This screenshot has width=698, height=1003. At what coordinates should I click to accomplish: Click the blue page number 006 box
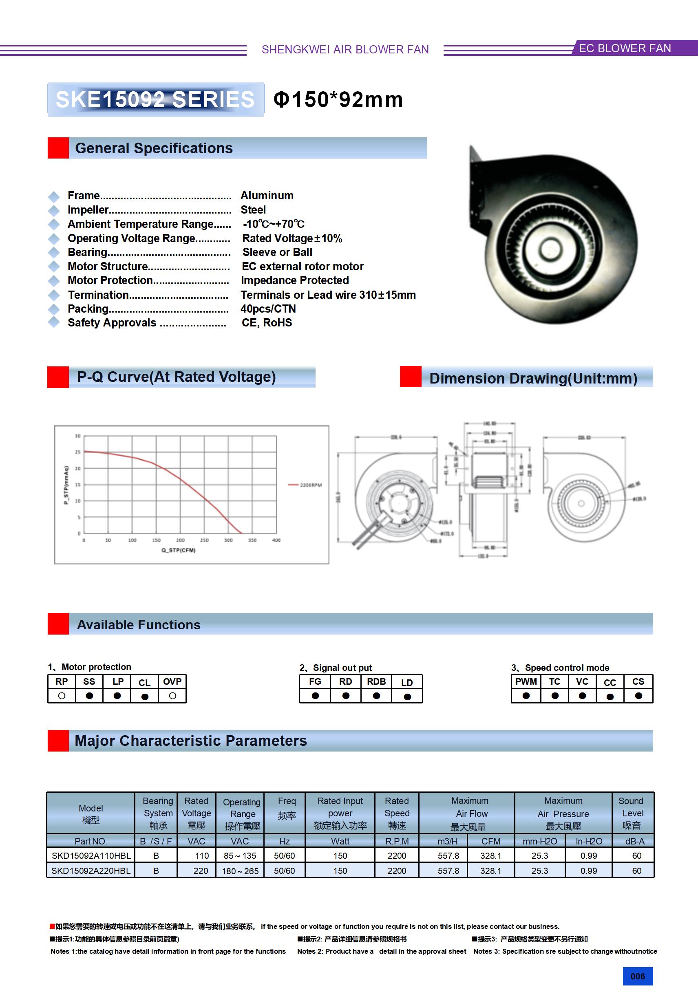coord(637,976)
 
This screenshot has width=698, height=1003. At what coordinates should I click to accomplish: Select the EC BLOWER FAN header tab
coord(625,48)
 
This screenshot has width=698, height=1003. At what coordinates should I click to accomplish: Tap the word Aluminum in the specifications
coord(267,195)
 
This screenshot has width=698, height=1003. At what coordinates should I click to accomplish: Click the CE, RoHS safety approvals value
coord(267,323)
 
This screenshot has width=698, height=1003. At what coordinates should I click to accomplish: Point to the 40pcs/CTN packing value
coord(268,309)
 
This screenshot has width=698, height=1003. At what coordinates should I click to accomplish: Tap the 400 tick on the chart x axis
coord(276,540)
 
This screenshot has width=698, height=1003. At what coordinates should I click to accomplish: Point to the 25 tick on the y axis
coord(78,452)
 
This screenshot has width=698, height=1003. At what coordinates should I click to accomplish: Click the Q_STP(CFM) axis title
coord(178,551)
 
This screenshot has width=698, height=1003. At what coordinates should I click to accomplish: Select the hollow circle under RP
coord(62,696)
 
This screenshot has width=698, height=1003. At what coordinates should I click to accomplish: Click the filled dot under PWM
coord(526,696)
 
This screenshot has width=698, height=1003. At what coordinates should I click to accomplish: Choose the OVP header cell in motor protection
coord(172,681)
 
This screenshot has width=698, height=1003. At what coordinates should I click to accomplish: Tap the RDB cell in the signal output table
coord(376,681)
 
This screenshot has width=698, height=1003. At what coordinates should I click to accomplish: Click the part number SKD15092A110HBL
coord(91,856)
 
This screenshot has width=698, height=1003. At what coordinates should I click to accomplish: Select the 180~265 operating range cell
coord(240,871)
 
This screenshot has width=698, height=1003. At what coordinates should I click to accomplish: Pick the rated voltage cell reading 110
coord(201,856)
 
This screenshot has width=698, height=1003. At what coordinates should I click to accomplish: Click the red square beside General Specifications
coord(58,148)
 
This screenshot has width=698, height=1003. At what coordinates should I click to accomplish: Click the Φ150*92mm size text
coord(338,99)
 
